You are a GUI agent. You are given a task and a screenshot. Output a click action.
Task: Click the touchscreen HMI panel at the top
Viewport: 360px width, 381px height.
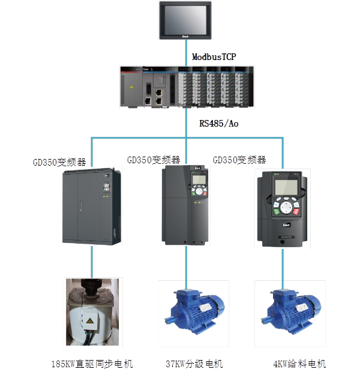coord(185,21)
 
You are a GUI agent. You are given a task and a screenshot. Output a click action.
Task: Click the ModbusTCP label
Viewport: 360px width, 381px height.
coord(214,57)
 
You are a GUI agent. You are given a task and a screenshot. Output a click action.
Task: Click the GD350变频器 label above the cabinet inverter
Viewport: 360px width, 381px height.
coord(59,162)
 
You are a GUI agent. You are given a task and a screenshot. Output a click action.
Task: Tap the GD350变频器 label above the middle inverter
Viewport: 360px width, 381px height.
coord(154,160)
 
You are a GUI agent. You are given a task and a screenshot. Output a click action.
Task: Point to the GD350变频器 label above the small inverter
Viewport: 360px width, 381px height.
coord(239,160)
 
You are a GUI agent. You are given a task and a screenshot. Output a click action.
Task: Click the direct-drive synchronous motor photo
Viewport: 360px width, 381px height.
coord(93,313)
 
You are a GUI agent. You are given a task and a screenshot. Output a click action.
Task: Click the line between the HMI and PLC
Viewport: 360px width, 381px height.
coord(185,54)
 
